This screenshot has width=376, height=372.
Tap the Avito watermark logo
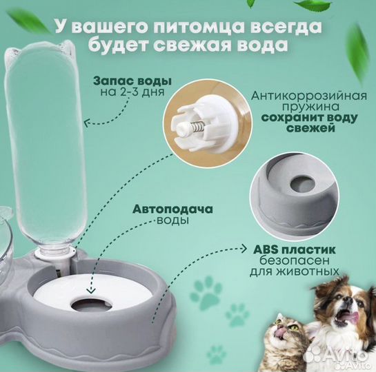click(x=337, y=354)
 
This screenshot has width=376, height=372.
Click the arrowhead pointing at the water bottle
click(x=86, y=122)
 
